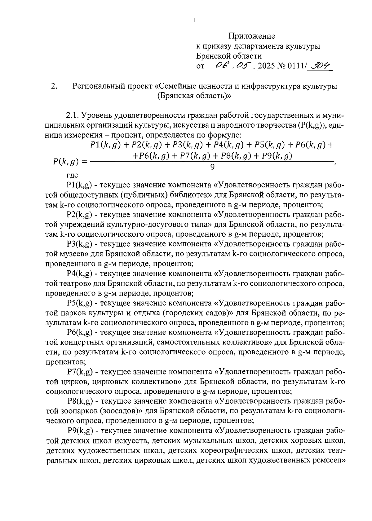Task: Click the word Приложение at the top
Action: pos(252,36)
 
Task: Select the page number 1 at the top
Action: pos(193,20)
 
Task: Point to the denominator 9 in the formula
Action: pos(212,167)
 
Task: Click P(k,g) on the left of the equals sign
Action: pos(65,161)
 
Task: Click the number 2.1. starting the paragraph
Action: pos(73,116)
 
